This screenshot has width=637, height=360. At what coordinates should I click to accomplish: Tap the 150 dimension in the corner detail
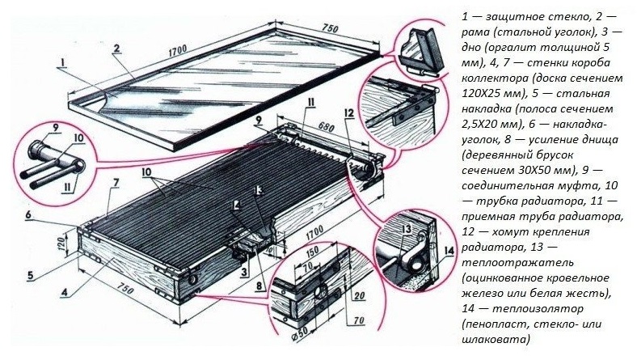tap(311, 252)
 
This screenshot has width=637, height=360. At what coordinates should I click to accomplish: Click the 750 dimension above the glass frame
tap(330, 28)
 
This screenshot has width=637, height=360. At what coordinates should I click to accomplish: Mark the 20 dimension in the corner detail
tap(359, 294)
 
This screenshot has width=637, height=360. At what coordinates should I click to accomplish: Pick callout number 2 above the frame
tap(116, 49)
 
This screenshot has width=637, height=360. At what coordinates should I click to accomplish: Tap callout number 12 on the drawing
tap(348, 112)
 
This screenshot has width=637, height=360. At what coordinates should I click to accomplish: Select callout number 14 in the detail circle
tap(448, 251)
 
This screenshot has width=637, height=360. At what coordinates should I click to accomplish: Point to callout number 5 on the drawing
tap(30, 275)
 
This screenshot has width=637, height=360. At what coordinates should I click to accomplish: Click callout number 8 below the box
tap(259, 286)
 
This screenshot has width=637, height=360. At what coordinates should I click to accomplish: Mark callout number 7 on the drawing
tap(116, 184)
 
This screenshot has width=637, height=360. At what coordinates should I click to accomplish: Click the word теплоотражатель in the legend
tap(518, 262)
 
